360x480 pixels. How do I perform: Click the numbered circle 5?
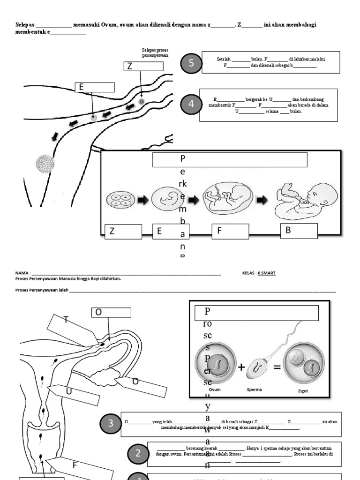191,64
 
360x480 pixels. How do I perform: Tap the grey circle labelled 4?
191,105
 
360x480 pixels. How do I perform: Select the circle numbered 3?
111,424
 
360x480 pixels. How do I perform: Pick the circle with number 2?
138,453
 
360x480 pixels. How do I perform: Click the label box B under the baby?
299,231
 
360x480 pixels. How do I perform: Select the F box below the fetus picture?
230,232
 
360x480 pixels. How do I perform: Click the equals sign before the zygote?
277,367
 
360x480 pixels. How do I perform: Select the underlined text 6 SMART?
266,273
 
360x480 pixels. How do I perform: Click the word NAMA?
22,273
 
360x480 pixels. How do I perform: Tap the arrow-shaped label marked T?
70,329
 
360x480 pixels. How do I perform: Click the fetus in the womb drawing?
227,199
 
